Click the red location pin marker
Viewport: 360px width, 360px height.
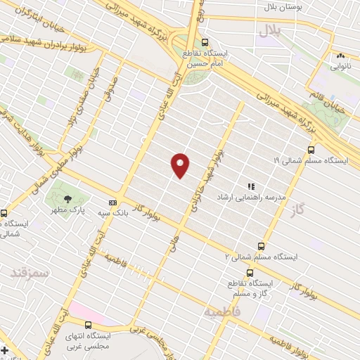(x=181, y=165)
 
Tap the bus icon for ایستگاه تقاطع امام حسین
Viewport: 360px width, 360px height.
(x=205, y=42)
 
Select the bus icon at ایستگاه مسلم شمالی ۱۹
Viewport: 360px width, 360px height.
(x=311, y=149)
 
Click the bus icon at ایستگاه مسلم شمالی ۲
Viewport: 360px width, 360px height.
(x=261, y=246)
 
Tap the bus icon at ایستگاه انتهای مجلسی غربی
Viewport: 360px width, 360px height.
(x=88, y=324)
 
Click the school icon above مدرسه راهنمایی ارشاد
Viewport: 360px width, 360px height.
(x=251, y=187)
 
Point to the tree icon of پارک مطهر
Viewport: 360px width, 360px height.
(x=68, y=199)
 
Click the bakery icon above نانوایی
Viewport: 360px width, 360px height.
(x=341, y=56)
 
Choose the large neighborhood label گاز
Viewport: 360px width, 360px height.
(x=304, y=210)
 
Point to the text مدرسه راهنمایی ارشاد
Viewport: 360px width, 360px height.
(x=252, y=198)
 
